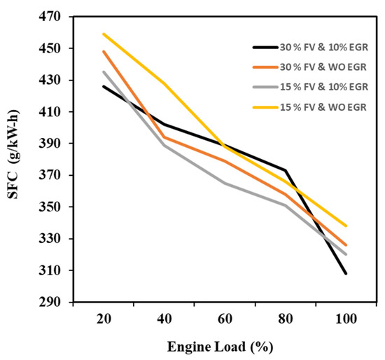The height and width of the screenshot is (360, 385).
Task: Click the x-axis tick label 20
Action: click(102, 318)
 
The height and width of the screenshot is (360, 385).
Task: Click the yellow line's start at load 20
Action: click(103, 34)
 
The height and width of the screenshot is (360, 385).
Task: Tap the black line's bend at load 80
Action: click(285, 170)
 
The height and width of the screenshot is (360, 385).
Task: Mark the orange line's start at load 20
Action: click(103, 51)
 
